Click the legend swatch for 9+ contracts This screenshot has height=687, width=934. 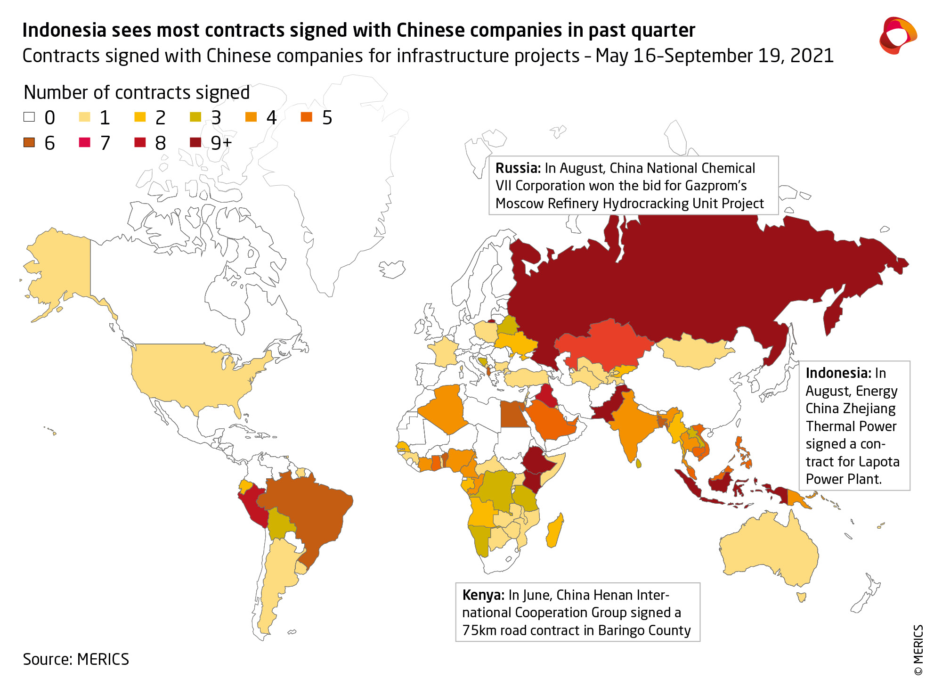[x=195, y=142]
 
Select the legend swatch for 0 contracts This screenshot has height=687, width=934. [x=29, y=117]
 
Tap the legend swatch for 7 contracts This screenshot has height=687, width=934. [x=84, y=142]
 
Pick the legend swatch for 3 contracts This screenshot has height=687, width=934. [x=195, y=117]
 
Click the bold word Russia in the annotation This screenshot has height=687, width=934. [x=518, y=168]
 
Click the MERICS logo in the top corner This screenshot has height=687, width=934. [x=898, y=36]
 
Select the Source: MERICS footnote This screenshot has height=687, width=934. [x=76, y=659]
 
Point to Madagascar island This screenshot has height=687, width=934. [x=555, y=530]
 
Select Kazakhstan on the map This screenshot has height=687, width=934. [x=603, y=344]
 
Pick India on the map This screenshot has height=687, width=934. [x=631, y=424]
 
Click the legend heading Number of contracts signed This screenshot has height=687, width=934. [x=137, y=92]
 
